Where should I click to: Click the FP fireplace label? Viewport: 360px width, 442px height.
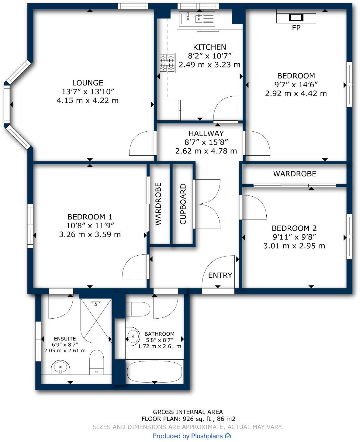coord(296,28)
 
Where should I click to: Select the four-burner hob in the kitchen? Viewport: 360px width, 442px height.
coord(167,63)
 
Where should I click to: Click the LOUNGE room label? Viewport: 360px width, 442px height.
coord(88,83)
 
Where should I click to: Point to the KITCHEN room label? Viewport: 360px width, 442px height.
coord(209,47)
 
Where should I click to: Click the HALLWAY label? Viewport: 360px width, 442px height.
coord(206,133)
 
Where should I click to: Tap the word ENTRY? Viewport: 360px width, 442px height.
coord(220,275)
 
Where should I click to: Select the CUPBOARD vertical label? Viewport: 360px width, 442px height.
coord(183,204)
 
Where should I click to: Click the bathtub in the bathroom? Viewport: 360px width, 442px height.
coord(154,371)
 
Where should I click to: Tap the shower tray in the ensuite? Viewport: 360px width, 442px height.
coord(95,320)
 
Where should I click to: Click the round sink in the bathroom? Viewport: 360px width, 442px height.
coord(132,337)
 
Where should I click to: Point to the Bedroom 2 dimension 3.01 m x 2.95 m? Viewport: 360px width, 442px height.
coord(294,246)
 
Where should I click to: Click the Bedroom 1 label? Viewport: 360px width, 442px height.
coord(90,217)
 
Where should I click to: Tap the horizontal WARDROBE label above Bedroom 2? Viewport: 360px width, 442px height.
coord(295,174)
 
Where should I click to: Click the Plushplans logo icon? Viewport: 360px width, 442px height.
coord(228,436)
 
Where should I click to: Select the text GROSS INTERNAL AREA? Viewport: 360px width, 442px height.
coord(188,412)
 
